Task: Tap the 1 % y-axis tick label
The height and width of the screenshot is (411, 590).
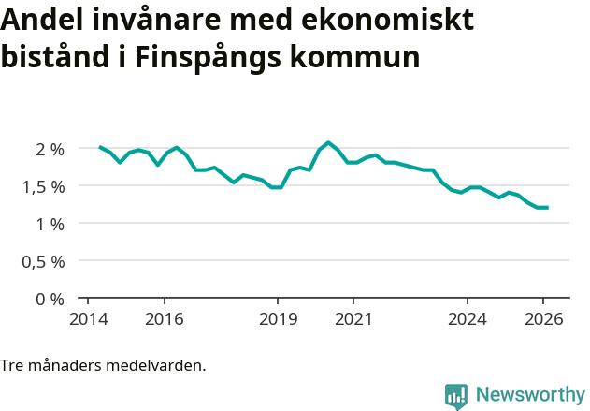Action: point(50,224)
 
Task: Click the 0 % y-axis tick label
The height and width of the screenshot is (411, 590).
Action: point(50,299)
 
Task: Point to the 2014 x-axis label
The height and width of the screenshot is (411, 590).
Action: point(88,318)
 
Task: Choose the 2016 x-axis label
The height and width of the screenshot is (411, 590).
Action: point(164,318)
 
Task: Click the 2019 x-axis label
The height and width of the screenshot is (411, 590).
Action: point(278,318)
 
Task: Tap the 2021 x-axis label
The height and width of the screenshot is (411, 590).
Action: point(353,318)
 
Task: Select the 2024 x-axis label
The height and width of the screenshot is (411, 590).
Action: point(468,318)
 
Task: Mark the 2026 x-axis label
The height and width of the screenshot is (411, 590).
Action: point(543,318)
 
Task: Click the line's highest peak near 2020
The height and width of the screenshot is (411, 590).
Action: point(328,142)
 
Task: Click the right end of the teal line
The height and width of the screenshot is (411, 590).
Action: point(547,208)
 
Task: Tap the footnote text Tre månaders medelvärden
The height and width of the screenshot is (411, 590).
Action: point(103,364)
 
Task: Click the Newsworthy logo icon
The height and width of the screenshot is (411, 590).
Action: point(456,396)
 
